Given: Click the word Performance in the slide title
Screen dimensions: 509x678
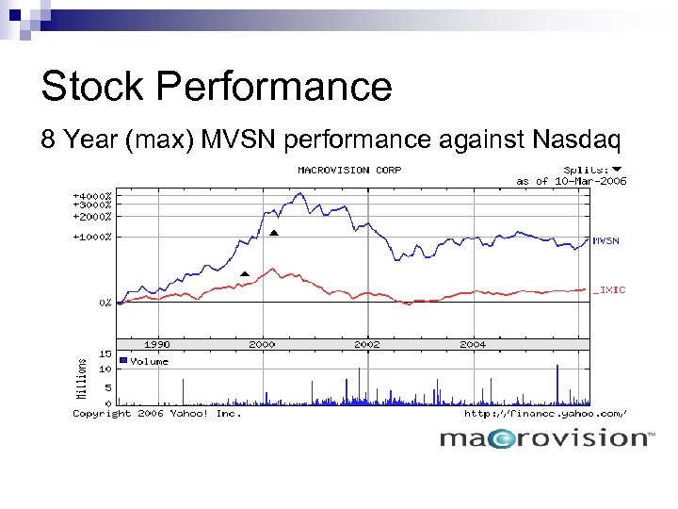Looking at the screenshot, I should [x=274, y=87].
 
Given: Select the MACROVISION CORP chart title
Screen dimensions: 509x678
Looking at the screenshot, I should [x=349, y=171].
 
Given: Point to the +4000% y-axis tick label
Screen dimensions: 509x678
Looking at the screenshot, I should [x=92, y=196].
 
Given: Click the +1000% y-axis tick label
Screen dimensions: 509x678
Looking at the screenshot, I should [x=92, y=237].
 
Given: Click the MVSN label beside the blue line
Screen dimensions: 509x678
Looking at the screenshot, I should [x=606, y=240].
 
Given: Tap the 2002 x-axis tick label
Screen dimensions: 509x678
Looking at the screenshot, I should [x=367, y=345].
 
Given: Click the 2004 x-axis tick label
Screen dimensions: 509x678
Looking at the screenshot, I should [x=473, y=345].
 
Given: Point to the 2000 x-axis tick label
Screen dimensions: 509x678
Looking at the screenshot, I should [x=262, y=345].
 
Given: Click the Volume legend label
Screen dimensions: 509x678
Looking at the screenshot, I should [x=150, y=361].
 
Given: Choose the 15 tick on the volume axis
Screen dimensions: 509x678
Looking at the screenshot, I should [x=106, y=354].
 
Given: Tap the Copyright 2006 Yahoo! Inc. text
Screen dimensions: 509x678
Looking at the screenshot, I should [x=157, y=414].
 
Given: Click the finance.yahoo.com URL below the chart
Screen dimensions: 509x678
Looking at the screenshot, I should [x=545, y=414].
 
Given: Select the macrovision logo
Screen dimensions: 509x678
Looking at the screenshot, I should [x=546, y=437].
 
